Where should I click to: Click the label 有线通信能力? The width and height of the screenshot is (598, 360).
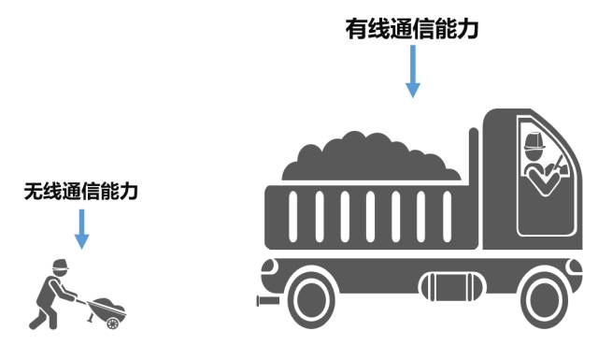tap(412, 29)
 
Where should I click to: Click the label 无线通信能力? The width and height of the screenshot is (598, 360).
tap(81, 193)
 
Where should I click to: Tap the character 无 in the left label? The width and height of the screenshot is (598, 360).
tap(35, 193)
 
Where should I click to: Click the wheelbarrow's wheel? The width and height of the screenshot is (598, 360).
tap(113, 323)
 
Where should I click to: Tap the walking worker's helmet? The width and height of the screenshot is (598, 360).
tap(60, 265)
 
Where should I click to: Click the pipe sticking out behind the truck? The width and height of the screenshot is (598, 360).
tap(266, 302)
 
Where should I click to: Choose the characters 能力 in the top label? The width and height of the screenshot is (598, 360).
tap(459, 29)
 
